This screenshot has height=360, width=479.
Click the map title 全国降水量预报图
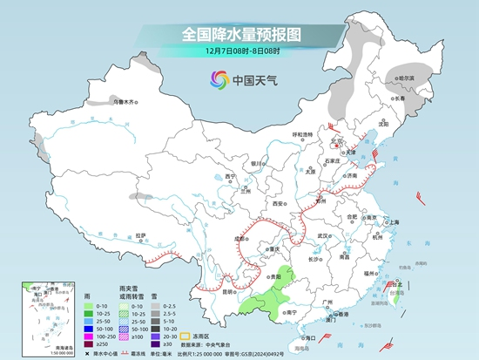point(239,34)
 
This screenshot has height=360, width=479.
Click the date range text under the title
point(239,52)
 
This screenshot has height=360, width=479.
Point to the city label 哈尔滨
point(403,78)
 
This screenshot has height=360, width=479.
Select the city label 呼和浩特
point(302,134)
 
